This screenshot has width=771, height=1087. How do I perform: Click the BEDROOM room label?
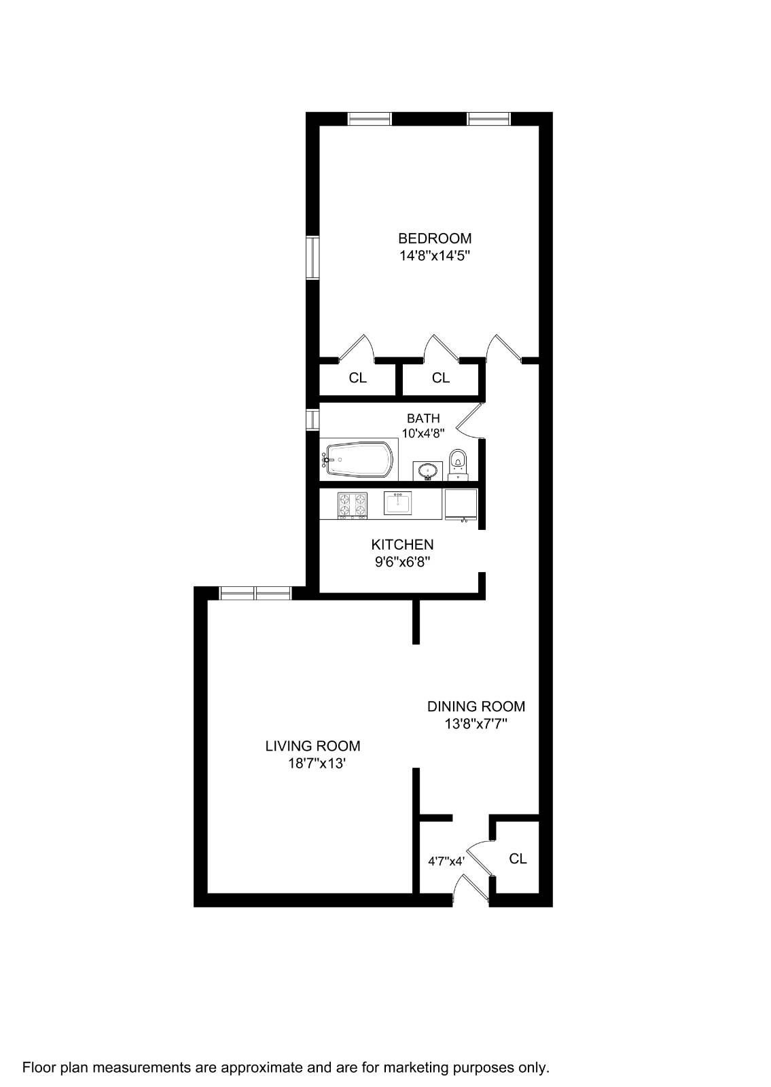434,238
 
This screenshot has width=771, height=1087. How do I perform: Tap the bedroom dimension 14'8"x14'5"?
435,256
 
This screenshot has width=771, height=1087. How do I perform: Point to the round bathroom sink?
428,470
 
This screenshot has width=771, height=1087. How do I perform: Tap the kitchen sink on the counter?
397,503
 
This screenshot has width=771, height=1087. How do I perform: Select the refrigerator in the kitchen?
460,504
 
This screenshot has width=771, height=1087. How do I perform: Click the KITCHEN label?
402,544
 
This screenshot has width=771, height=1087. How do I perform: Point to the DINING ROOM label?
476,707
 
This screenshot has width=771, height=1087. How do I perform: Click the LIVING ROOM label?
312,746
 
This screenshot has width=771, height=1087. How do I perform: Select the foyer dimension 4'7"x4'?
446,861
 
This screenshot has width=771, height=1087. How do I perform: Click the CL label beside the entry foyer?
518,859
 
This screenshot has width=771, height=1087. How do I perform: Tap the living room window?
255,593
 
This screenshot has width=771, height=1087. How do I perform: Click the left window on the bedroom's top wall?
370,119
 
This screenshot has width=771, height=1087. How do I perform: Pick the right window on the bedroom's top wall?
488,119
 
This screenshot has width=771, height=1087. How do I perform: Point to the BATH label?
423,418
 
